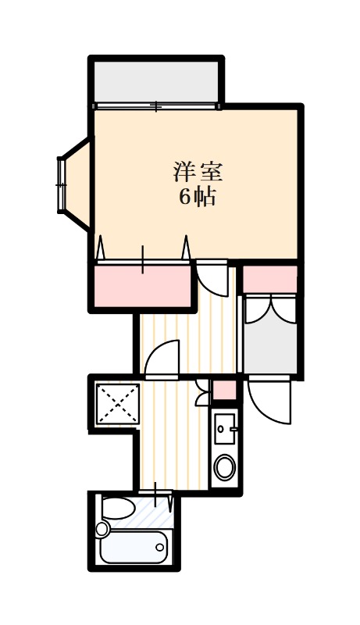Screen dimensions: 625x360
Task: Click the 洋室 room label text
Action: click(198, 171)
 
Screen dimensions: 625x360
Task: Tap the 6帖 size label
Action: click(197, 197)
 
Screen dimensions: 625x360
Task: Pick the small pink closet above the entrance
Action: click(270, 280)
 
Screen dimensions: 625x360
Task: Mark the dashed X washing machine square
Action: click(117, 404)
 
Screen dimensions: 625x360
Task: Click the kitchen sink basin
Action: click(225, 428)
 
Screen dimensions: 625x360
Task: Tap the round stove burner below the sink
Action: click(225, 467)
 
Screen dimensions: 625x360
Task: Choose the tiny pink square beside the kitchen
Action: click(224, 390)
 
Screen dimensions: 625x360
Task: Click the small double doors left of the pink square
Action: click(203, 393)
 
